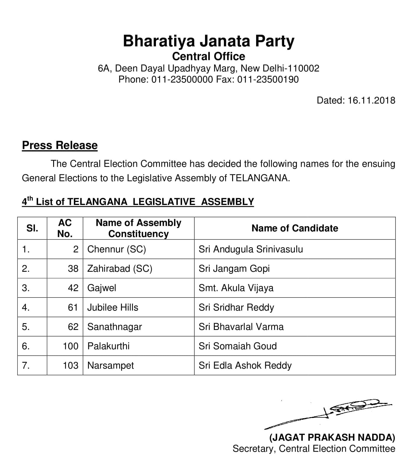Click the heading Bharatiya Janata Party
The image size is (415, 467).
pyautogui.click(x=209, y=41)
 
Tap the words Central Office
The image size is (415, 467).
pyautogui.click(x=209, y=56)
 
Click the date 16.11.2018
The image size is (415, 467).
pyautogui.click(x=371, y=100)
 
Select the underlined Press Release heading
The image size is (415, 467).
pyautogui.click(x=60, y=145)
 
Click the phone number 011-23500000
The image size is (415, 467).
pyautogui.click(x=182, y=79)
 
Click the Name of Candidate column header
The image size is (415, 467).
pyautogui.click(x=294, y=228)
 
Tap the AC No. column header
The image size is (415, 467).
pyautogui.click(x=65, y=228)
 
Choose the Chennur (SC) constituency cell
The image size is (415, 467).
pyautogui.click(x=117, y=249)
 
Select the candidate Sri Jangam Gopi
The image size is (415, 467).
pyautogui.click(x=234, y=269)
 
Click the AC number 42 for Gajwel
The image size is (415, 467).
pyautogui.click(x=73, y=288)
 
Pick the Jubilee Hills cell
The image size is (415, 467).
pyautogui.click(x=113, y=307)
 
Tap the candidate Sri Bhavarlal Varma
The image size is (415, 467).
pyautogui.click(x=241, y=327)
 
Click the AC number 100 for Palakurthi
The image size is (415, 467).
pyautogui.click(x=71, y=346)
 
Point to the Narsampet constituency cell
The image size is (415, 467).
pyautogui.click(x=110, y=365)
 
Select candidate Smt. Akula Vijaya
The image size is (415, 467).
pyautogui.click(x=236, y=288)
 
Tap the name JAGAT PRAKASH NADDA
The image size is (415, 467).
pyautogui.click(x=332, y=437)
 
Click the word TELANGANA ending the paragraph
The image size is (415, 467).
pyautogui.click(x=258, y=178)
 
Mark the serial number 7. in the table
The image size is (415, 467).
pyautogui.click(x=26, y=365)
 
